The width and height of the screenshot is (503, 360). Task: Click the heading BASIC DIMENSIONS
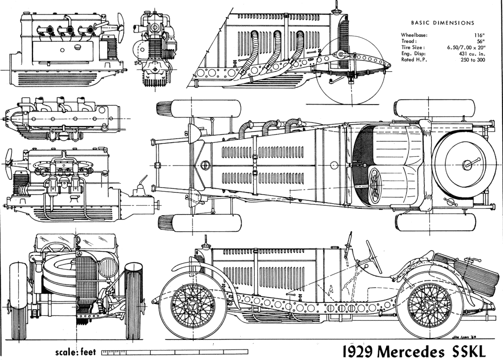coord(442,23)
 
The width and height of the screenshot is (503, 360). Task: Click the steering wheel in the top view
coord(375,185)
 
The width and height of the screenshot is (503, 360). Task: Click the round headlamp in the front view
coord(108,268)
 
